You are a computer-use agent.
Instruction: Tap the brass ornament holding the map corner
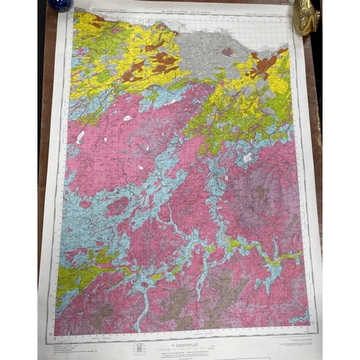coord(306,16)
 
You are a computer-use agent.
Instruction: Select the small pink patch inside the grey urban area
coord(228,51)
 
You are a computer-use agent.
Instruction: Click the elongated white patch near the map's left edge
coord(80,136)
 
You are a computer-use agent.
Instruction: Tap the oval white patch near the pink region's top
coord(127,118)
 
